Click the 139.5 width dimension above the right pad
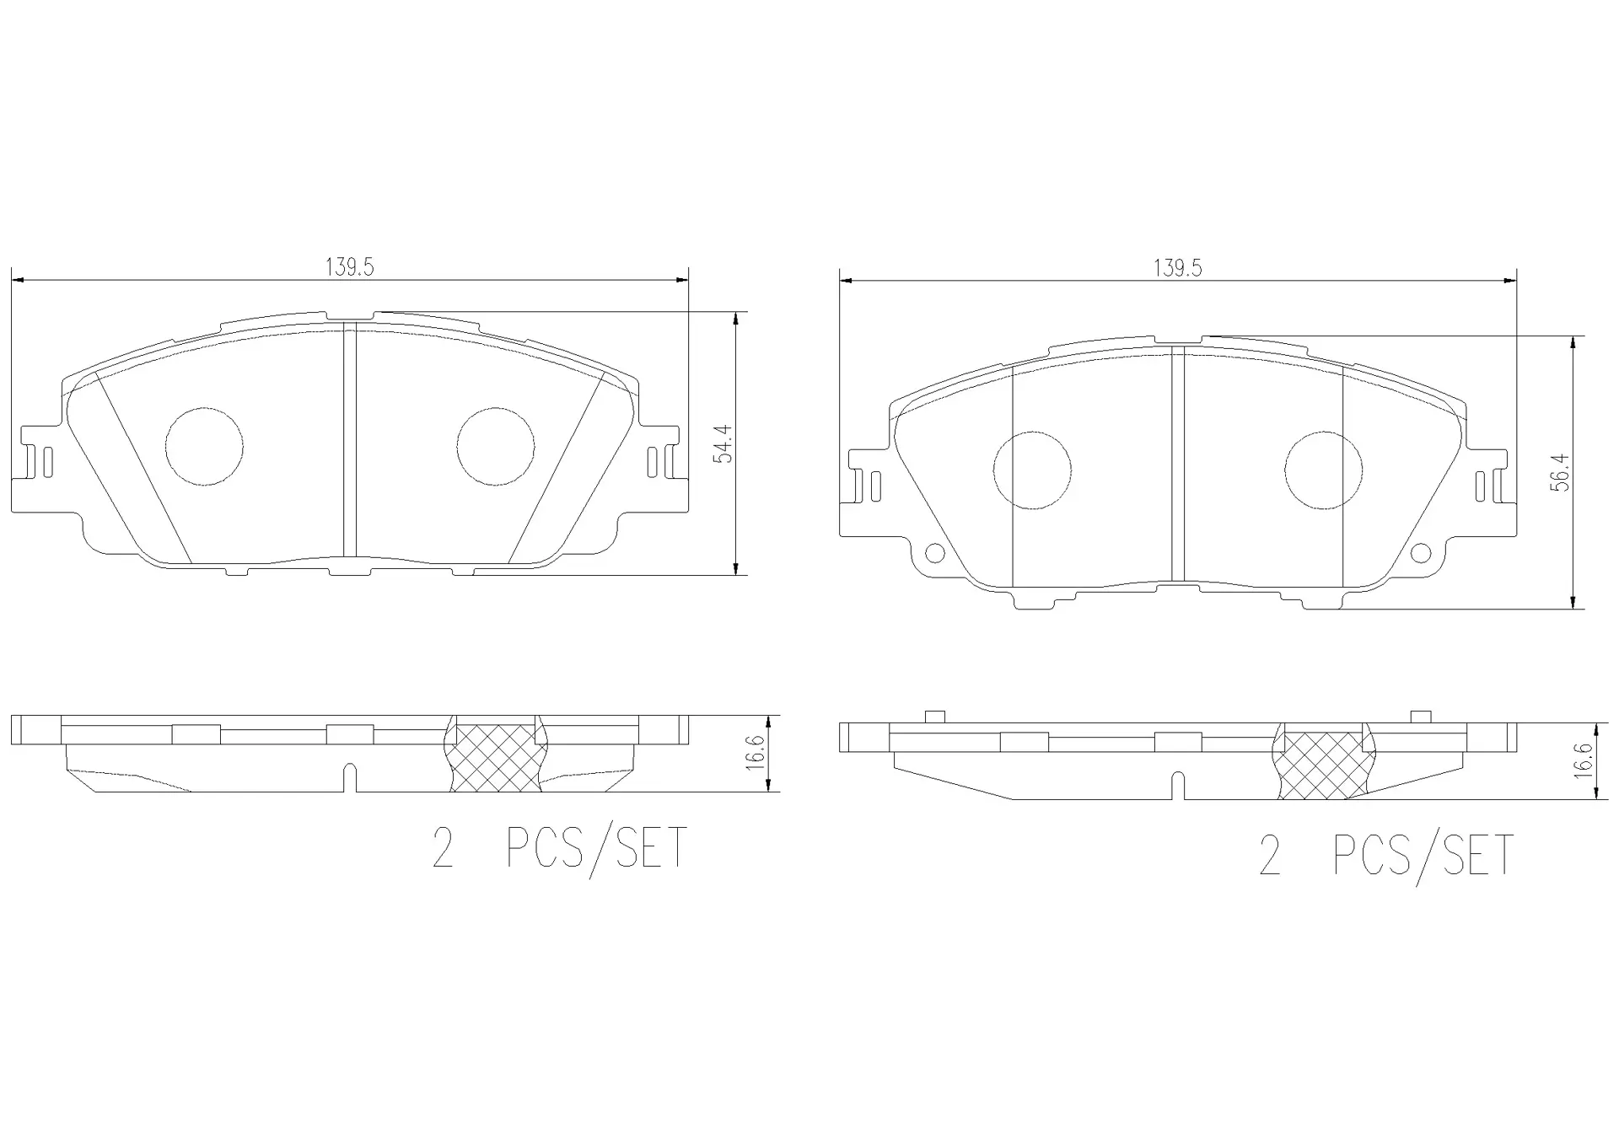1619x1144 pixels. [x=1177, y=268]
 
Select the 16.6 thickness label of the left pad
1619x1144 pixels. [x=755, y=752]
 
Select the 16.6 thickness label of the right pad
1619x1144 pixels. [x=1583, y=760]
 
